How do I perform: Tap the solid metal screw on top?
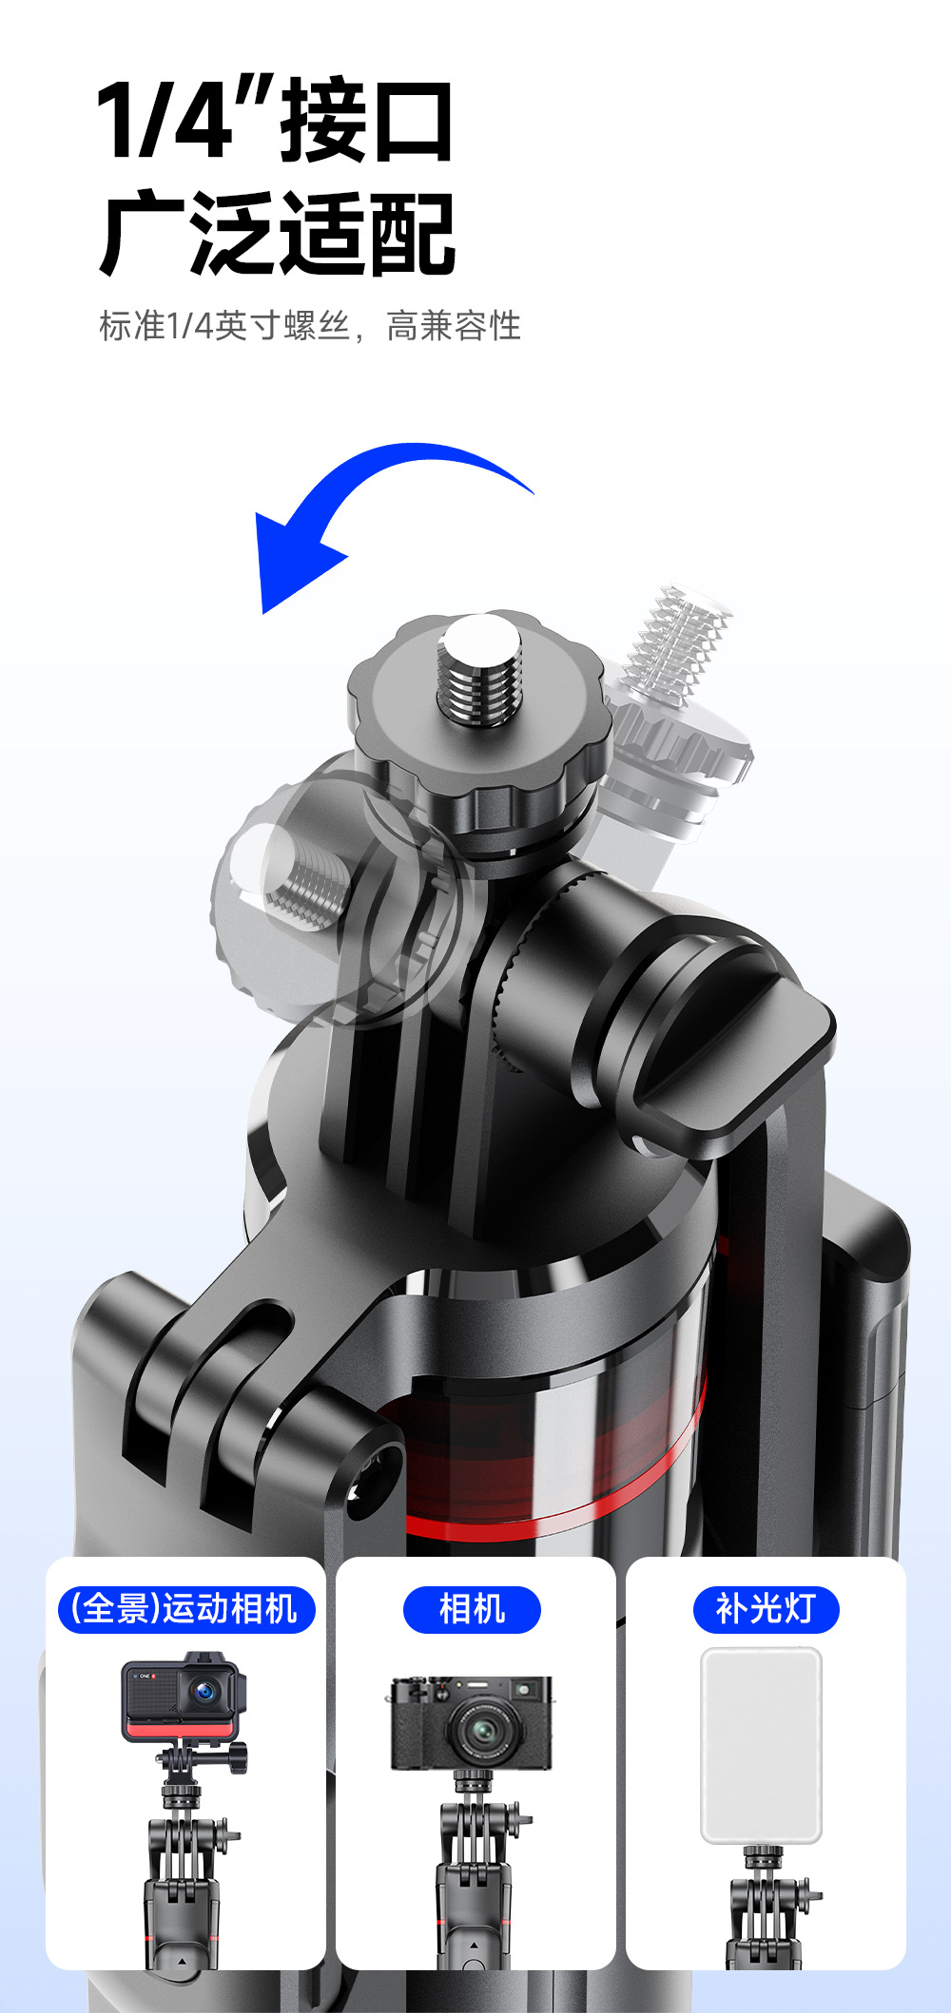coord(479,670)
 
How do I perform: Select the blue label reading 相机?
coord(472,1609)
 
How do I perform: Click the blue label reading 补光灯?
coord(766,1609)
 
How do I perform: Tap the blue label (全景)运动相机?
coord(186,1609)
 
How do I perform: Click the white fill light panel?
coord(761,1745)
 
